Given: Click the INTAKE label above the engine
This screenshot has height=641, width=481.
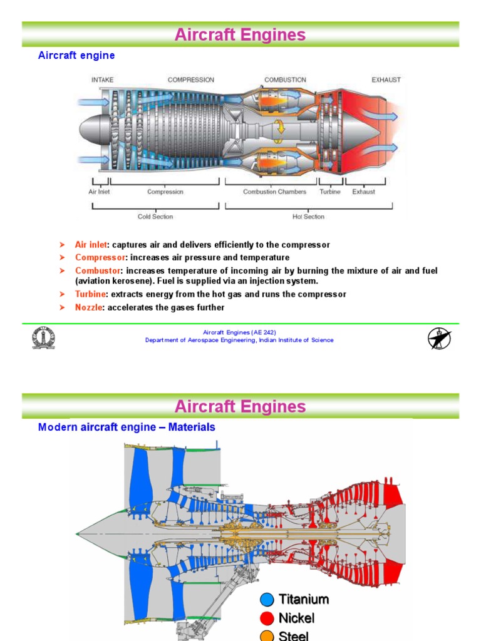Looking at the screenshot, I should [102, 80].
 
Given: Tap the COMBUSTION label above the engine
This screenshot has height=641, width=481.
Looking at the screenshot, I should [285, 80].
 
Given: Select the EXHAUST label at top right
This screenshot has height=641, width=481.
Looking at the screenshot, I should [386, 80].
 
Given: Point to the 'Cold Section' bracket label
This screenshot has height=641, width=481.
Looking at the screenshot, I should [155, 217].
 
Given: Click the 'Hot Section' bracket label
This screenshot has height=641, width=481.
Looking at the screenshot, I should [308, 217].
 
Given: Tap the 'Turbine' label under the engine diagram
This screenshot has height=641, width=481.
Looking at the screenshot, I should [329, 192].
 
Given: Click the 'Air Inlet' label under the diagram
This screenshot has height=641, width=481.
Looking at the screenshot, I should [99, 192].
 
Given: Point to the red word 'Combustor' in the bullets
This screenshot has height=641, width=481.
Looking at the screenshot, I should [98, 270].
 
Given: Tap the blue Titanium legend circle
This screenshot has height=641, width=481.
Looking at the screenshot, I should [267, 600].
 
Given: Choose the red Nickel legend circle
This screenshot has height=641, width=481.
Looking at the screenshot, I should [267, 618].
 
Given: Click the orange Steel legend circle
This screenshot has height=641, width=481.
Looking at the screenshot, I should [267, 635].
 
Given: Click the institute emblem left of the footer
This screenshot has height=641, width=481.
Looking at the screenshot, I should [44, 338].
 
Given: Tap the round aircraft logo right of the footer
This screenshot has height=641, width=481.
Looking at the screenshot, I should [440, 338].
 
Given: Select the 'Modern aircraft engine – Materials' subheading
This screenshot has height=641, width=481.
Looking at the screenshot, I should [127, 427].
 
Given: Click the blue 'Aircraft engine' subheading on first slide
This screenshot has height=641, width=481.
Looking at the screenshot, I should [76, 55].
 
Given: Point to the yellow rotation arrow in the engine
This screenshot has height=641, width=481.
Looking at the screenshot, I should [281, 128].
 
